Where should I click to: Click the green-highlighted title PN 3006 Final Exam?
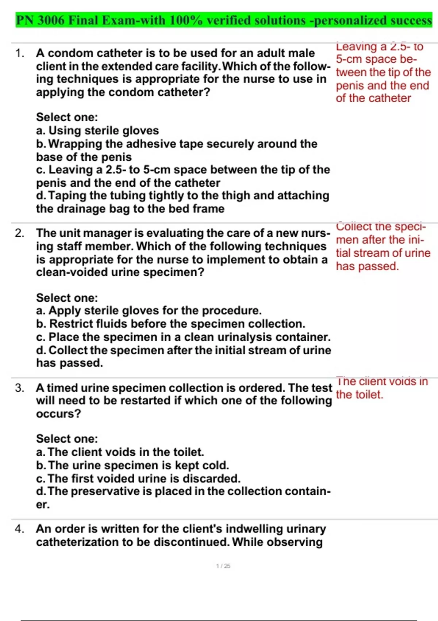(x=223, y=20)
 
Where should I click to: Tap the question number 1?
(x=20, y=53)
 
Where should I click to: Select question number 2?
(x=20, y=233)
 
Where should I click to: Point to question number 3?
(x=20, y=388)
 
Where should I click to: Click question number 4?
(x=20, y=529)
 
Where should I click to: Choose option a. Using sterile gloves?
(x=97, y=130)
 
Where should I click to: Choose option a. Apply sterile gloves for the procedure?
(x=149, y=310)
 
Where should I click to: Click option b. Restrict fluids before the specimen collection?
(x=171, y=324)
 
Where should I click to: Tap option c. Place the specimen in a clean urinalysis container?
(x=183, y=337)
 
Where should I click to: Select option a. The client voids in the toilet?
(x=120, y=452)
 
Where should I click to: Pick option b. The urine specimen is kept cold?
(x=132, y=465)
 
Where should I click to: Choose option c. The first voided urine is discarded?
(x=138, y=479)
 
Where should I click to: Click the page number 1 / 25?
(x=223, y=566)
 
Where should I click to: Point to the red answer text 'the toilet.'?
(x=360, y=395)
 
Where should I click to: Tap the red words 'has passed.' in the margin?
(x=367, y=266)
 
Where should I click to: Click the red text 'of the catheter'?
(x=373, y=98)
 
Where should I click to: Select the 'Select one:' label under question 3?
(x=67, y=439)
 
